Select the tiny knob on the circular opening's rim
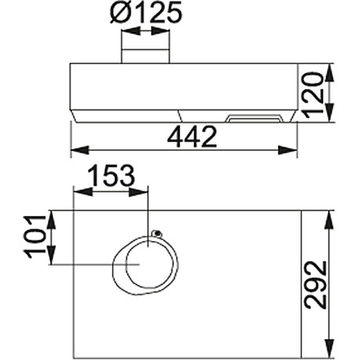coord(157,233)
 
